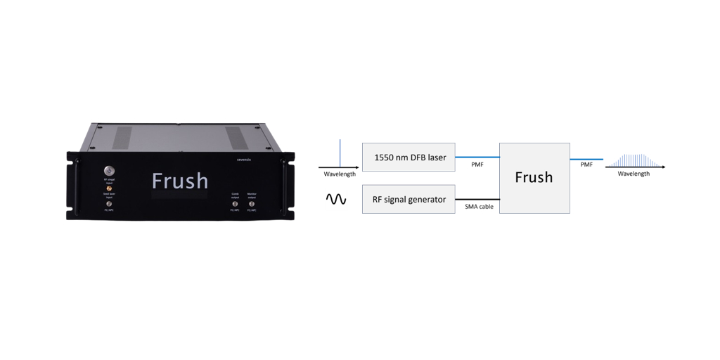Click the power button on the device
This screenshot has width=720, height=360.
pyautogui.click(x=108, y=170)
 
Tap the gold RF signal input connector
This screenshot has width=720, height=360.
pyautogui.click(x=108, y=188)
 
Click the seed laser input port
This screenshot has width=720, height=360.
pyautogui.click(x=108, y=203)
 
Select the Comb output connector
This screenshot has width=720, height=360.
pyautogui.click(x=235, y=204)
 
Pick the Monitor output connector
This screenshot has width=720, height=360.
pyautogui.click(x=252, y=204)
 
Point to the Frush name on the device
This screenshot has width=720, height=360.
pyautogui.click(x=180, y=181)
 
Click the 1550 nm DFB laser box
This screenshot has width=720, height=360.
pyautogui.click(x=409, y=157)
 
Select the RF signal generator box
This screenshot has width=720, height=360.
pyautogui.click(x=409, y=199)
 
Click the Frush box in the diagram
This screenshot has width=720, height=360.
pyautogui.click(x=534, y=178)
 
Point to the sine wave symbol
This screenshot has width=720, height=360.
pyautogui.click(x=336, y=200)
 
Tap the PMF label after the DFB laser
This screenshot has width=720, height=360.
pyautogui.click(x=477, y=166)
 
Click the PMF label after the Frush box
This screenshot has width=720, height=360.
pyautogui.click(x=586, y=166)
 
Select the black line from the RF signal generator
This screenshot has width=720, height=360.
pyautogui.click(x=477, y=199)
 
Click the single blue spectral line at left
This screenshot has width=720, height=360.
pyautogui.click(x=340, y=153)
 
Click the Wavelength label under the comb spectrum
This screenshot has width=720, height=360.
pyautogui.click(x=634, y=174)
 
